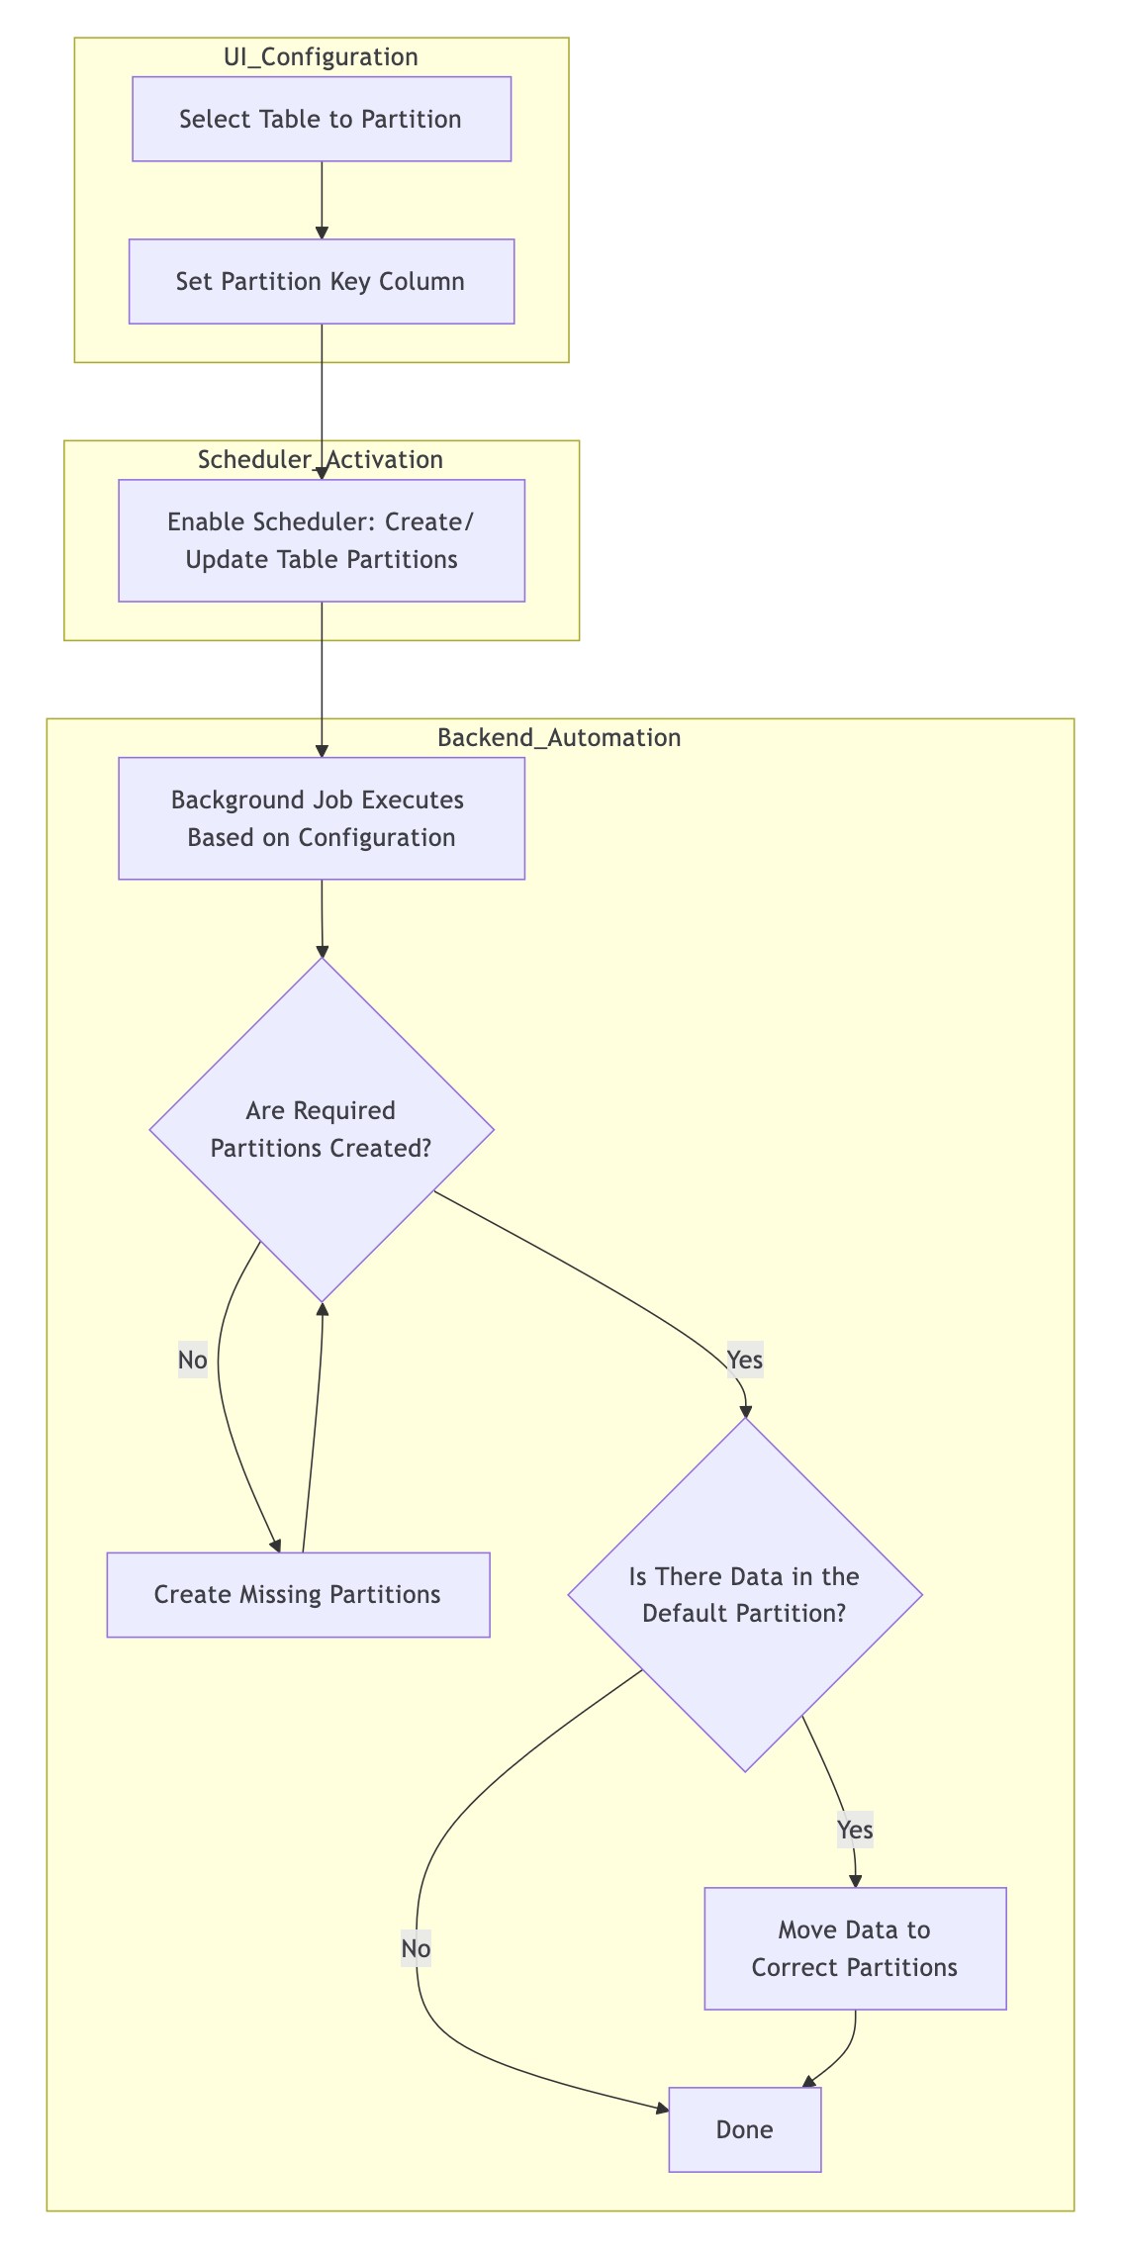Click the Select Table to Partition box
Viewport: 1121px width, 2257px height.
coord(322,119)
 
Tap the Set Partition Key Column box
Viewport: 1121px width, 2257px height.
coord(322,281)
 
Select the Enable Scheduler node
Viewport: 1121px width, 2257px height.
coord(322,540)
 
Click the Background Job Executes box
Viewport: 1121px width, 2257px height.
coord(322,818)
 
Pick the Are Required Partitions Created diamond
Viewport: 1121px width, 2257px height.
coord(322,1129)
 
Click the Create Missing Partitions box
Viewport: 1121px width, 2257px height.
coord(298,1594)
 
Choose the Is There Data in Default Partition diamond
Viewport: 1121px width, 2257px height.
coord(745,1594)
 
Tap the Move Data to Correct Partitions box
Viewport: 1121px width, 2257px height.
coord(855,1948)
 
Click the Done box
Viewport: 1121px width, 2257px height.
coord(745,2129)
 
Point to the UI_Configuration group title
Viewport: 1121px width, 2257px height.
coord(322,57)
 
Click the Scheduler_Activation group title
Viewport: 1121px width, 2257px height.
coord(321,460)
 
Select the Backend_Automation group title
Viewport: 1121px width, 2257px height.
coord(559,738)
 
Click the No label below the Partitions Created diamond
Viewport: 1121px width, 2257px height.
coord(193,1361)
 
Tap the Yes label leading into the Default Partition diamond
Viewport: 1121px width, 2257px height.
coord(745,1361)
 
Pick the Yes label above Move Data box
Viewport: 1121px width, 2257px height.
coord(855,1830)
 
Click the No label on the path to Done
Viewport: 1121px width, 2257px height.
coord(416,1948)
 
